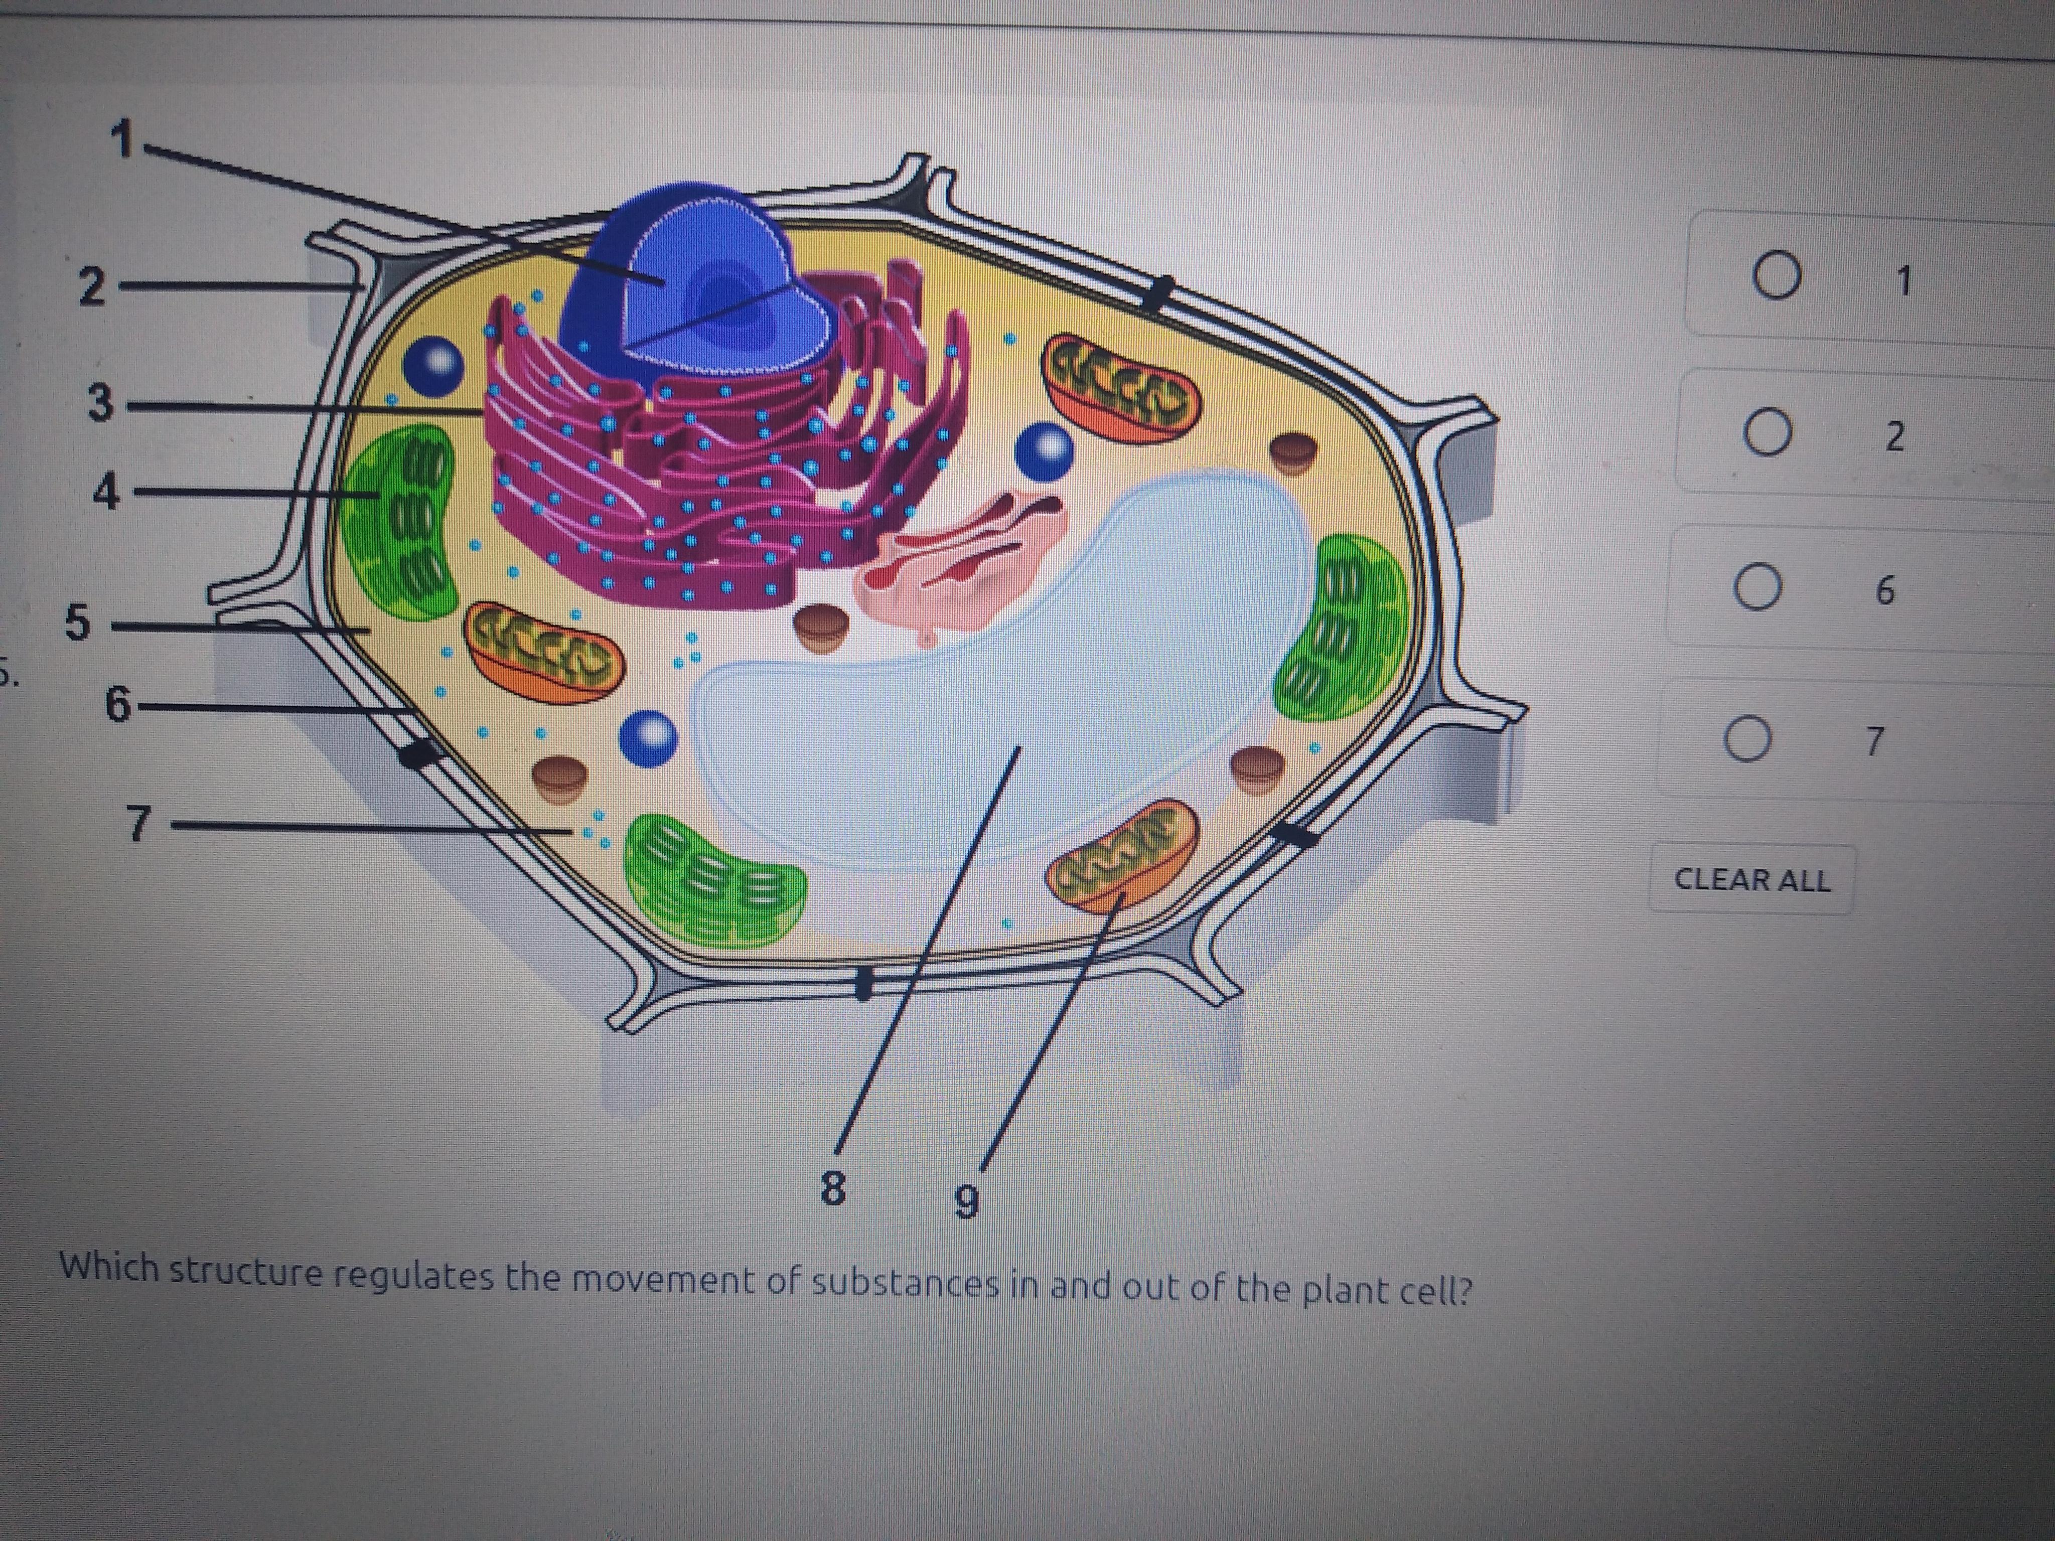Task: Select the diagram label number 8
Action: click(833, 1187)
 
